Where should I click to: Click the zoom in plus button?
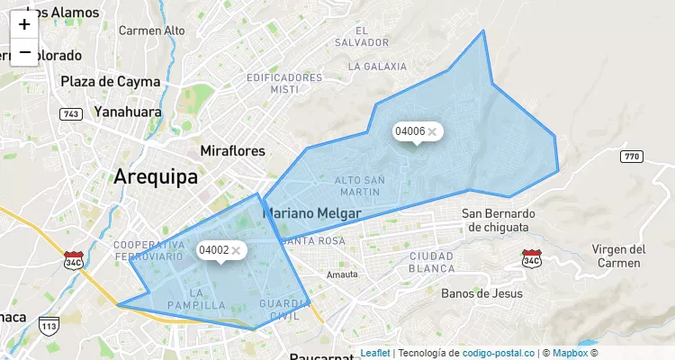pos(24,24)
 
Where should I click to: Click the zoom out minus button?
pos(24,52)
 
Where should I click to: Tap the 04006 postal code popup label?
pos(409,131)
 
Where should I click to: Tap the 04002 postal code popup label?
pos(213,250)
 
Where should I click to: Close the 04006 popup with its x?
pos(432,131)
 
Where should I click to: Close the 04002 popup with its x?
pos(236,250)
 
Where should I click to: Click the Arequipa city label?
pos(156,176)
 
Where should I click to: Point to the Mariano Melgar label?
pos(311,213)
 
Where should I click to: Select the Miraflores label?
pos(233,149)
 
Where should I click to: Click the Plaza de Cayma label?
pos(110,81)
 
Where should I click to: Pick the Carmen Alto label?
pos(151,31)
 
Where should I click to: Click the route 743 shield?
pos(70,114)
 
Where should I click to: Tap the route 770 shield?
pos(632,157)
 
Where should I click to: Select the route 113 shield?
pos(49,325)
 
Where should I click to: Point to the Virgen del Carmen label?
pos(618,256)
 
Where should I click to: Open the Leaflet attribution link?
pos(375,353)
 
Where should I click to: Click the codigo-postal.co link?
pos(492,353)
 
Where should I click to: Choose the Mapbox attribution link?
pos(571,353)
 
